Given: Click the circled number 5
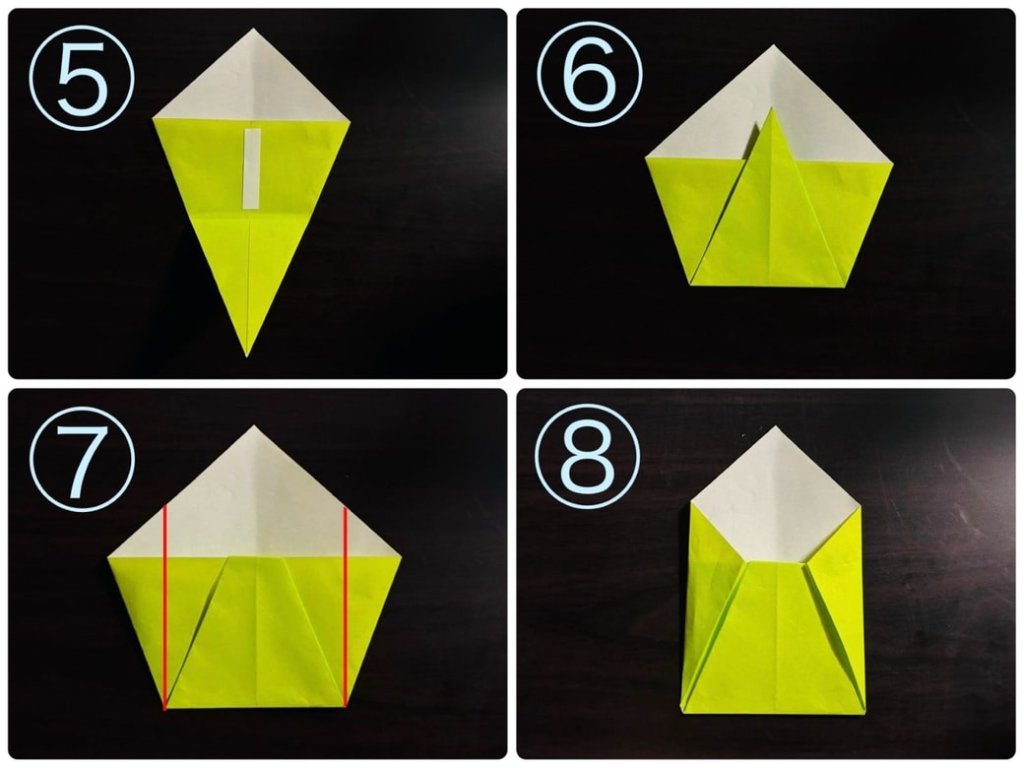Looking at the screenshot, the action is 82,77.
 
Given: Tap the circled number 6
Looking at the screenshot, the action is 589,74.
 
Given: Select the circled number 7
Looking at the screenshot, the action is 82,459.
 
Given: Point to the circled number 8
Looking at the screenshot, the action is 587,456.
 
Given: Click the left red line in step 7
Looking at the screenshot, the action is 165,607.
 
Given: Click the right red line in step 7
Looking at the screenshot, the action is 345,607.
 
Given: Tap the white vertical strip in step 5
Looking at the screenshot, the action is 252,168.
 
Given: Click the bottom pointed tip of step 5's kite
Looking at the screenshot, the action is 247,356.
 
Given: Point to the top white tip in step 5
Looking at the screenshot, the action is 253,29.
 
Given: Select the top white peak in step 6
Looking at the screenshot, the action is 774,45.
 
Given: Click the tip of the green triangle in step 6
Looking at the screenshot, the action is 771,107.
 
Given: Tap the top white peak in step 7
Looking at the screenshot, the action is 254,425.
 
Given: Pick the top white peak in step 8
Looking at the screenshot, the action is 776,425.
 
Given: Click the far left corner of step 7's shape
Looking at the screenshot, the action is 108,557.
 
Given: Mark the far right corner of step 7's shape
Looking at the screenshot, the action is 401,556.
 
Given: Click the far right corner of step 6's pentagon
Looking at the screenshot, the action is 893,162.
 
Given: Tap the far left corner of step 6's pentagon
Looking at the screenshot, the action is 646,158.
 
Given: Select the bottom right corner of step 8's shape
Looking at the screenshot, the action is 864,713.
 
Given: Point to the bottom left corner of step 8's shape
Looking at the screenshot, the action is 681,710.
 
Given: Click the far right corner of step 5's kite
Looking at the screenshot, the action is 350,121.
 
